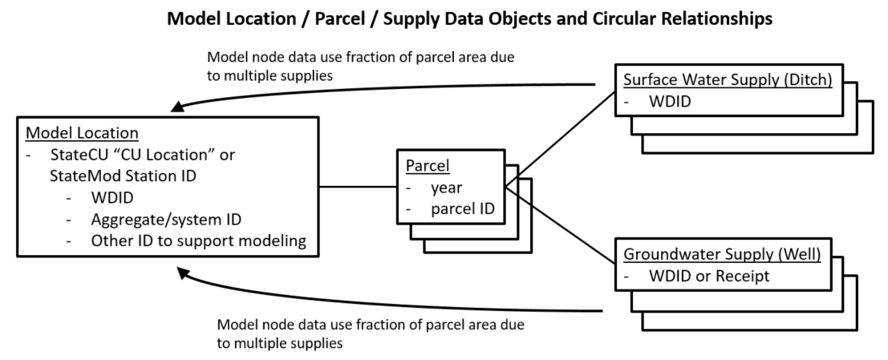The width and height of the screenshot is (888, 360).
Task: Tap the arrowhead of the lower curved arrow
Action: (x=184, y=274)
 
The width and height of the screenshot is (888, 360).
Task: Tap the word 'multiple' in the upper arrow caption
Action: (x=250, y=76)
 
